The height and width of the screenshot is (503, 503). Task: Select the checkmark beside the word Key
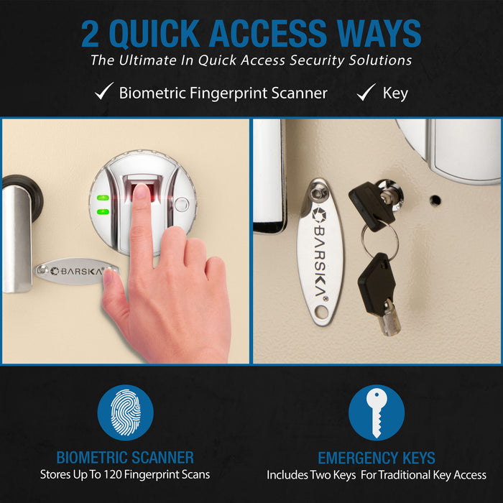(x=366, y=92)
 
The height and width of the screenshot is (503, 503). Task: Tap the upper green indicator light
(x=103, y=198)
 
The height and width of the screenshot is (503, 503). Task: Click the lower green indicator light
(x=103, y=212)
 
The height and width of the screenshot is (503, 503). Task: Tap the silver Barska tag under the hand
(x=72, y=271)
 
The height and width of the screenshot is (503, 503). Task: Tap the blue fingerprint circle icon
(x=125, y=412)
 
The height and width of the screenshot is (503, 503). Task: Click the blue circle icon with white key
(x=376, y=412)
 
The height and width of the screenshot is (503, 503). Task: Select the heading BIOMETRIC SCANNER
(x=125, y=458)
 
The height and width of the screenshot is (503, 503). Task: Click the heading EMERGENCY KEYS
(x=376, y=458)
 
